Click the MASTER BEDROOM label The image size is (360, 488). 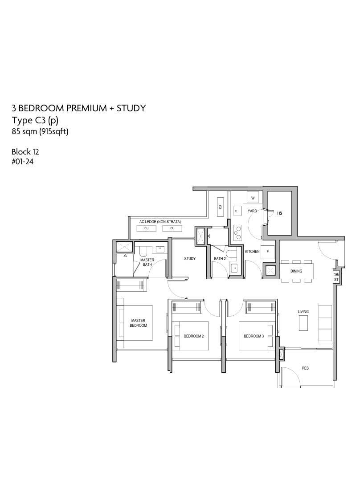pos(138,323)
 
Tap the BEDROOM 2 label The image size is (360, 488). pos(194,336)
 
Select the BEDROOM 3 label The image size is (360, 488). pos(254,336)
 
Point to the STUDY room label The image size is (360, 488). pos(190,259)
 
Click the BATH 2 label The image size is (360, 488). pos(220,259)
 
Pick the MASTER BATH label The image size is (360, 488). pos(147,262)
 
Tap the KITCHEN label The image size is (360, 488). pos(252,252)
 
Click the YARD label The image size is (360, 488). pos(252,211)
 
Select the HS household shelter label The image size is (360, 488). pos(280,213)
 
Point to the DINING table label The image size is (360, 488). pos(296,271)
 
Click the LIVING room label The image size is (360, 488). pos(303,312)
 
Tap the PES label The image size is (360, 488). pos(305,368)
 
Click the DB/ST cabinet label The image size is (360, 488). pos(336,277)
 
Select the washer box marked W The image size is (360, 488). pos(253,198)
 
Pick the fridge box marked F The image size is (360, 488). pos(268,252)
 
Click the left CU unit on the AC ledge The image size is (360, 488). pos(147,228)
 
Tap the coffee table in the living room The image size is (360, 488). pos(303,323)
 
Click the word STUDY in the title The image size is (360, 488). pos(131,108)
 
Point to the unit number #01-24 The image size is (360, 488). pos(22,162)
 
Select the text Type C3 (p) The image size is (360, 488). pos(35,121)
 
